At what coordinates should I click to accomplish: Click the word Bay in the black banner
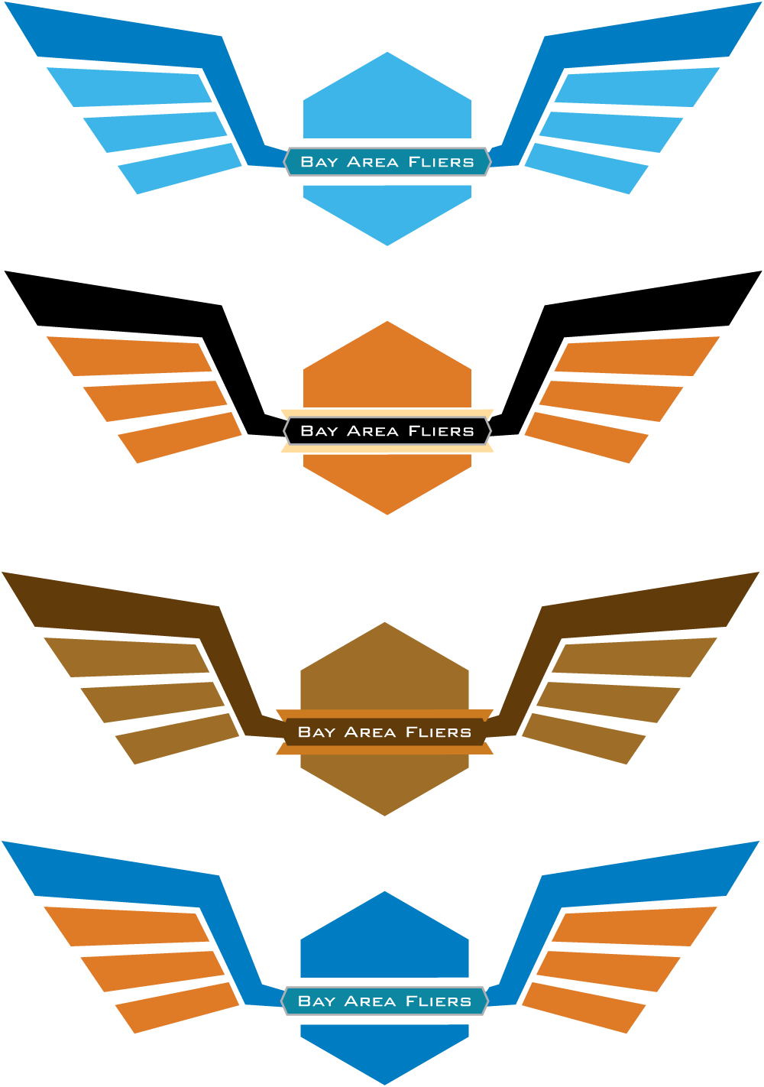point(319,431)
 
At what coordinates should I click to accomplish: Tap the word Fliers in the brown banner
point(439,732)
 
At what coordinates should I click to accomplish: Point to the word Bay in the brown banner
point(316,732)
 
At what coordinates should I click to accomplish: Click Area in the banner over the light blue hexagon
point(373,162)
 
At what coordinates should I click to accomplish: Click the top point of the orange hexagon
point(387,323)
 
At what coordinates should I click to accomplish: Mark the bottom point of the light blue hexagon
point(387,244)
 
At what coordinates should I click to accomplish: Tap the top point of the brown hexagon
point(384,624)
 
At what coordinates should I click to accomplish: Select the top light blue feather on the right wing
point(636,86)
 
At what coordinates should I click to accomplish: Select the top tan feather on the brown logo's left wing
point(126,657)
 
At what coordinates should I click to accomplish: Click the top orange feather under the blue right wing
point(633,926)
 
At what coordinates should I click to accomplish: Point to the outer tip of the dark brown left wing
point(6,575)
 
